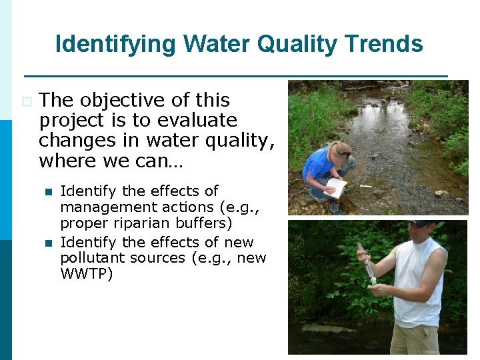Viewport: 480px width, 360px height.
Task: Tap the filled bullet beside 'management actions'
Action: (x=47, y=192)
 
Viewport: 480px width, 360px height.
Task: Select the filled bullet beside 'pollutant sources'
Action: (x=47, y=243)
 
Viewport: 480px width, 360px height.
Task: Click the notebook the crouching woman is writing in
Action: (x=337, y=189)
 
